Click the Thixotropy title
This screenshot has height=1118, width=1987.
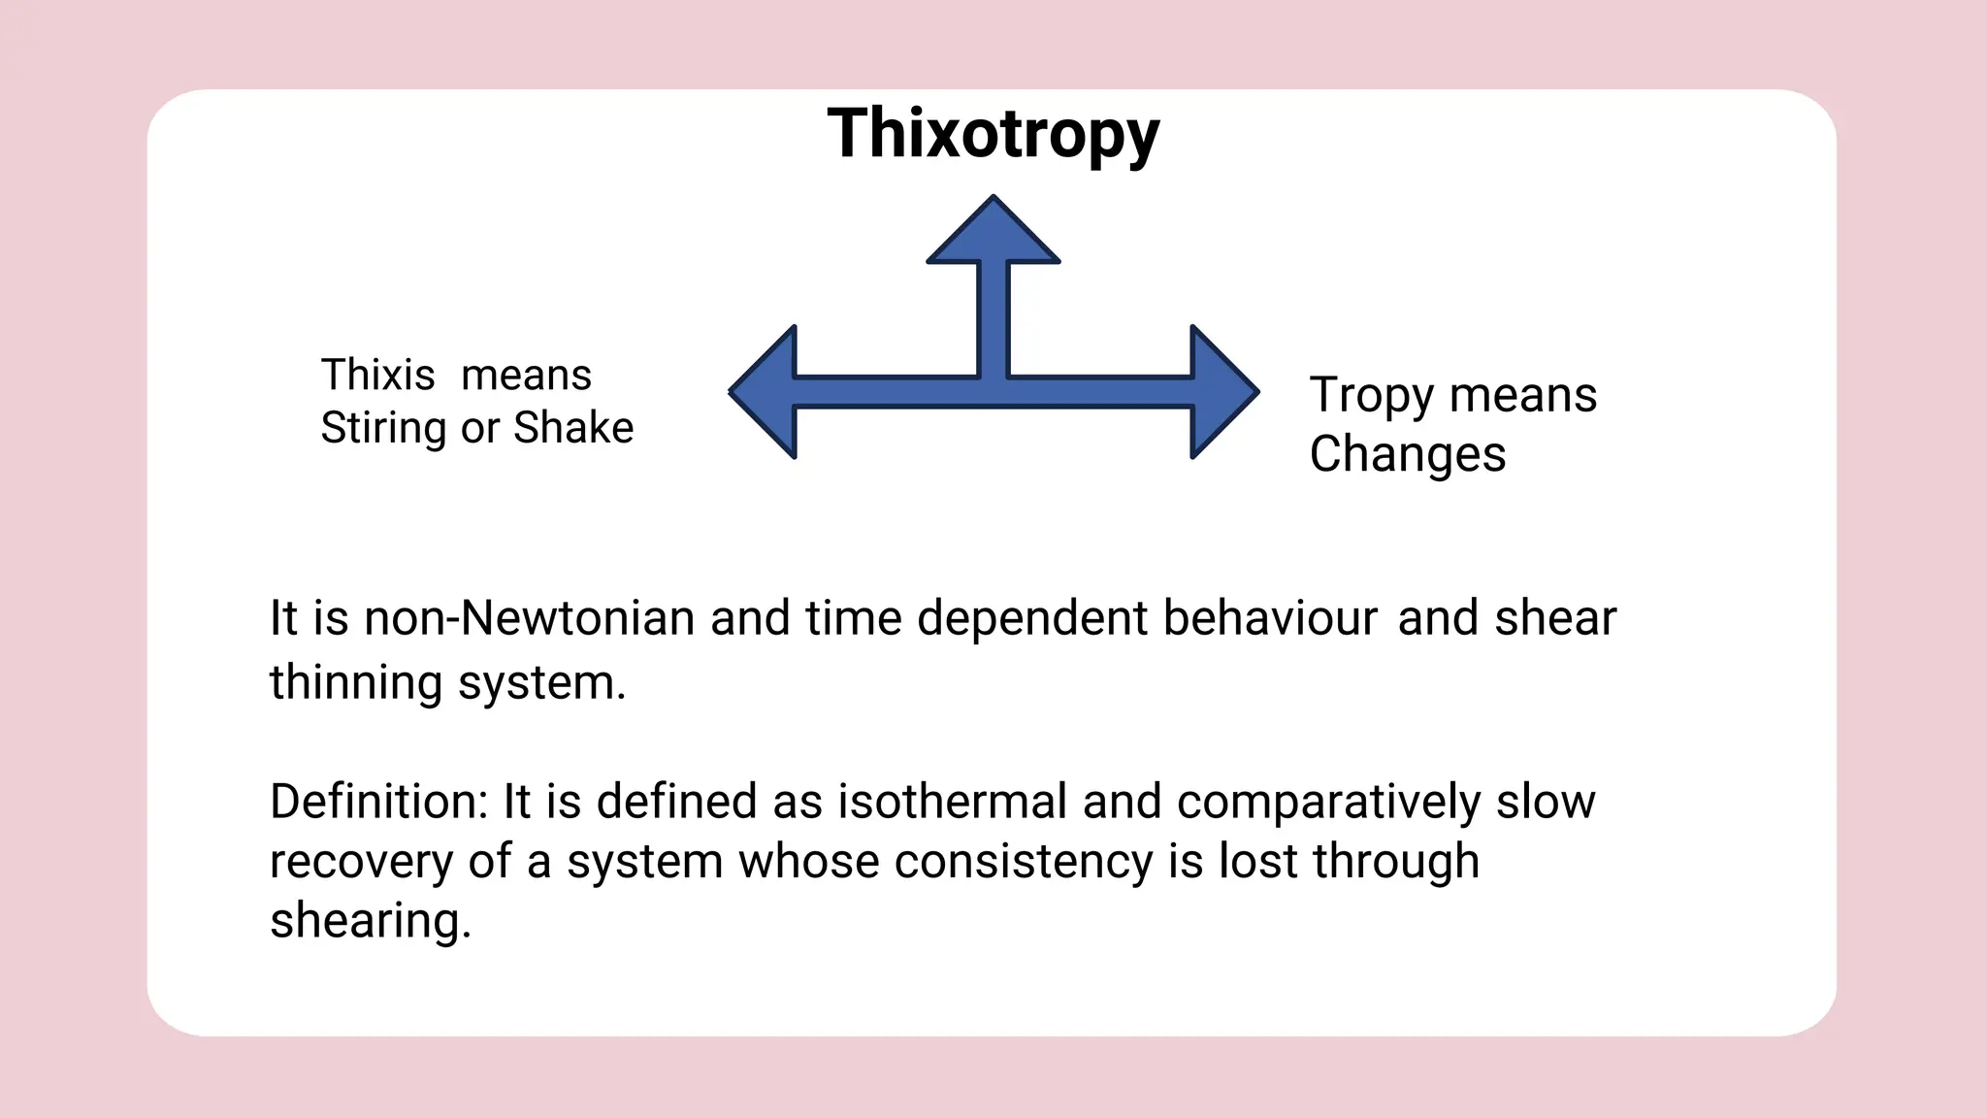coord(993,134)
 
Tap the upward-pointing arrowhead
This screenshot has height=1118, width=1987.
coord(993,233)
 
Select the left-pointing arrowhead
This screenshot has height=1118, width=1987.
coord(766,392)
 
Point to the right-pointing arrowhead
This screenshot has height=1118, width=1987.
coord(1221,392)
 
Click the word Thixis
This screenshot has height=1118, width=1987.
coord(377,376)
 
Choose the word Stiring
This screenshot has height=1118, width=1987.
coord(384,428)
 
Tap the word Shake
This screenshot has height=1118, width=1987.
coord(573,428)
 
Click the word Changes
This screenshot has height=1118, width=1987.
coord(1408,454)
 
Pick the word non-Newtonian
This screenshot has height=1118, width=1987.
coord(529,618)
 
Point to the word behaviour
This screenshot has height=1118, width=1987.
coord(1270,618)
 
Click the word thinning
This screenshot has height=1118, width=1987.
coord(356,682)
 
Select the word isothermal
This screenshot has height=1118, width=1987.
coord(953,802)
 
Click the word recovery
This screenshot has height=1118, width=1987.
coord(362,862)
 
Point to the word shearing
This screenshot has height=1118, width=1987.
coord(369,921)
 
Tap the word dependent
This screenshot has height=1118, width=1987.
coord(1032,618)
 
